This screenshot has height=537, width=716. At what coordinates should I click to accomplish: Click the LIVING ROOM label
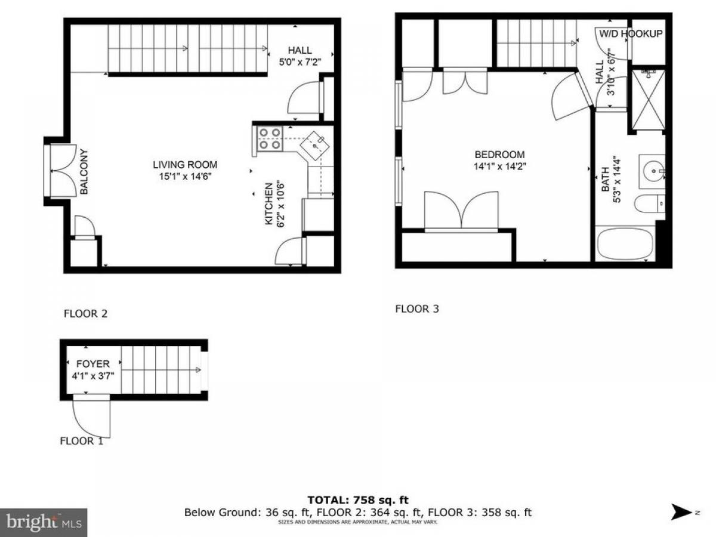[185, 165]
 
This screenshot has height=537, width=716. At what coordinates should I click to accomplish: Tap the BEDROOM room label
[499, 155]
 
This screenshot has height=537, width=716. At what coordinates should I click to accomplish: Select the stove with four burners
[270, 139]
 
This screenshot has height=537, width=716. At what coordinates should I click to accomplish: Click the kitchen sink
[315, 146]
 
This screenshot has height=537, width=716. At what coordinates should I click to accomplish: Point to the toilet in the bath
[649, 204]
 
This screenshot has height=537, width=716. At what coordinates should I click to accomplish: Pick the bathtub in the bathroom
[625, 243]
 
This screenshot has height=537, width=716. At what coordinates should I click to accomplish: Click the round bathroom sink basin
[654, 171]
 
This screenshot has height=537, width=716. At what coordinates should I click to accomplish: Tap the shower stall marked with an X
[648, 100]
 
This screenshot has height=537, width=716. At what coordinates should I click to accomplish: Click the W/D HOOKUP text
[631, 33]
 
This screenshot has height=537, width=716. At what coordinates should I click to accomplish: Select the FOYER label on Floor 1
[93, 364]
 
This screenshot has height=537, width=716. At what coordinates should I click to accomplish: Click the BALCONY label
[84, 172]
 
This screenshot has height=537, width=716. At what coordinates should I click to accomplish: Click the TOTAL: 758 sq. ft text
[358, 500]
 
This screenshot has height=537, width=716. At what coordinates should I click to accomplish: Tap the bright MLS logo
[44, 523]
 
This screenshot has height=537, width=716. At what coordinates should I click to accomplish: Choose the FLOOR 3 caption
[417, 308]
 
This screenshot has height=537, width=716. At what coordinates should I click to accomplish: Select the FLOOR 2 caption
[85, 314]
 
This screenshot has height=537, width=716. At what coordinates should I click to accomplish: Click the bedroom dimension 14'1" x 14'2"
[500, 166]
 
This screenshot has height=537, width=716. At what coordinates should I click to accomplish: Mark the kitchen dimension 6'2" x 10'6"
[280, 204]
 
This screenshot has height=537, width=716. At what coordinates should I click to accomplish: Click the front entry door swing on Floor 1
[92, 416]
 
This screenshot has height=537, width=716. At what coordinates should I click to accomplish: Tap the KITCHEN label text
[268, 204]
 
